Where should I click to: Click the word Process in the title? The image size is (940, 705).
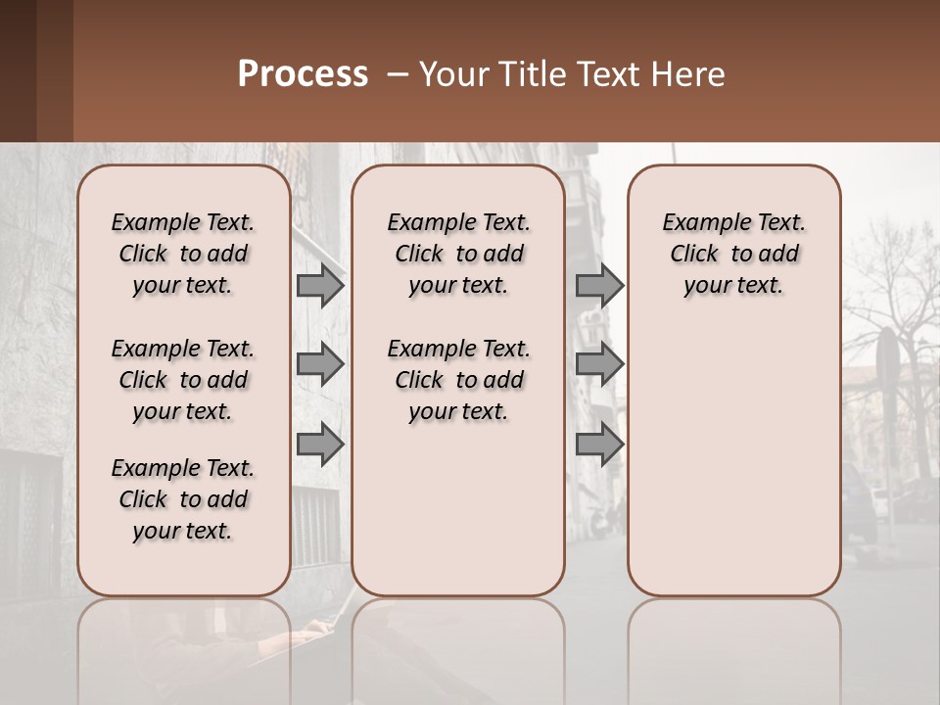pyautogui.click(x=303, y=74)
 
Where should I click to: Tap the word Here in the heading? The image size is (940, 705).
pyautogui.click(x=691, y=74)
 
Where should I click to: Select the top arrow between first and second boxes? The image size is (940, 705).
pyautogui.click(x=320, y=286)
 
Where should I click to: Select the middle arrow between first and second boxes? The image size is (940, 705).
pyautogui.click(x=320, y=365)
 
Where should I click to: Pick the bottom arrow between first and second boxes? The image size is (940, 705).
pyautogui.click(x=320, y=445)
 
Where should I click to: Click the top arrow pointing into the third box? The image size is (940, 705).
pyautogui.click(x=599, y=286)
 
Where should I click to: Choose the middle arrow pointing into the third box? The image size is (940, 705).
pyautogui.click(x=599, y=365)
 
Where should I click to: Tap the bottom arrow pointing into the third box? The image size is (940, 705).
pyautogui.click(x=599, y=445)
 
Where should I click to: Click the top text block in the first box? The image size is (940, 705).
pyautogui.click(x=183, y=255)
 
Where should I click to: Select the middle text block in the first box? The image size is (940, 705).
pyautogui.click(x=183, y=380)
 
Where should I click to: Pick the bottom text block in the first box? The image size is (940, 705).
pyautogui.click(x=183, y=499)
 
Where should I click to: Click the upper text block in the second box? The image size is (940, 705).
pyautogui.click(x=458, y=255)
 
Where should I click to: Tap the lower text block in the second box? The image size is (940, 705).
pyautogui.click(x=458, y=380)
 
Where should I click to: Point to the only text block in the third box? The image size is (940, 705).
pyautogui.click(x=733, y=255)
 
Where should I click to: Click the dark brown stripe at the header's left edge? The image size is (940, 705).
pyautogui.click(x=18, y=70)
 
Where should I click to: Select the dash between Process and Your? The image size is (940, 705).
pyautogui.click(x=397, y=75)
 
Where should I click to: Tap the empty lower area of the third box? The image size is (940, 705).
pyautogui.click(x=733, y=460)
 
